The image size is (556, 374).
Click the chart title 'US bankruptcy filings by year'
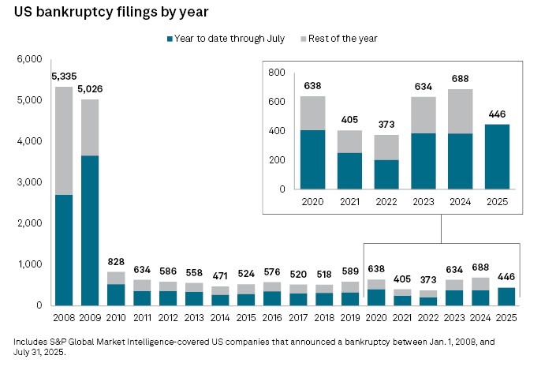(x=111, y=13)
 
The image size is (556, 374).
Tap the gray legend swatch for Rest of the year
(x=304, y=39)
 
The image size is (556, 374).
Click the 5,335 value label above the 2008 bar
(x=64, y=77)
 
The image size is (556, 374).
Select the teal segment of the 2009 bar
(x=89, y=230)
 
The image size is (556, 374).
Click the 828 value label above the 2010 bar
(x=115, y=261)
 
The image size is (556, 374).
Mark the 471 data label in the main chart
(x=220, y=276)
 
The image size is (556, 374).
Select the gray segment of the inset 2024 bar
(x=460, y=111)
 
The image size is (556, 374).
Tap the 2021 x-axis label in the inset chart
(x=349, y=201)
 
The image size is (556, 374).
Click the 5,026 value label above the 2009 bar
(x=89, y=89)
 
